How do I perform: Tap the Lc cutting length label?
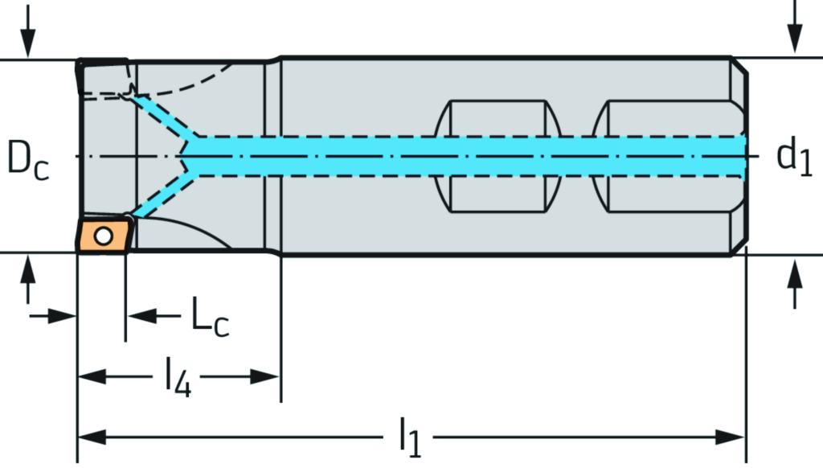[209, 316]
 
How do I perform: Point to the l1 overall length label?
[410, 439]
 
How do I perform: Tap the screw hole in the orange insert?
[102, 236]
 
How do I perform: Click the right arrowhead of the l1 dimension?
[732, 437]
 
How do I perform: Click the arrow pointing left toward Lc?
[141, 316]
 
